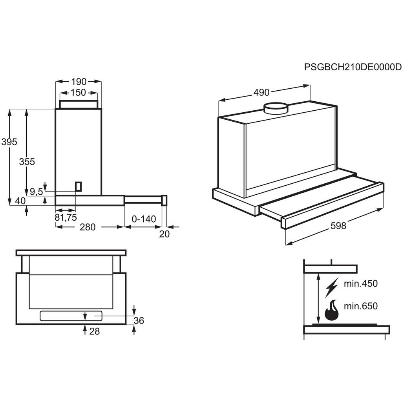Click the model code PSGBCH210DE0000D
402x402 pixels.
[x=353, y=67]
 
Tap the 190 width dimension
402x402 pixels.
[x=79, y=82]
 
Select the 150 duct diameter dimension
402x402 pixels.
[x=79, y=93]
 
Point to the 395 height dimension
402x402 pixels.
[x=9, y=142]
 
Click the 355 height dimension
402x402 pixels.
[x=27, y=161]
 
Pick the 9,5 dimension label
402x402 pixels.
[x=36, y=192]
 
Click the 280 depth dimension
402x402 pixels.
[x=88, y=227]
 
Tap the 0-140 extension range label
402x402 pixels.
[x=144, y=219]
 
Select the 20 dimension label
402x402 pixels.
[x=164, y=234]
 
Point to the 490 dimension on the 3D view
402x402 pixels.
[x=261, y=93]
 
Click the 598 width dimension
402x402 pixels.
[x=338, y=226]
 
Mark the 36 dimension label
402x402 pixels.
[x=139, y=321]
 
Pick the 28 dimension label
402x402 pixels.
[x=94, y=331]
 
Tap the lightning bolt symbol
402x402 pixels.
[x=331, y=287]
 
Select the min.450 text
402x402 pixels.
[x=360, y=283]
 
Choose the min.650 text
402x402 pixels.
[x=360, y=306]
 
